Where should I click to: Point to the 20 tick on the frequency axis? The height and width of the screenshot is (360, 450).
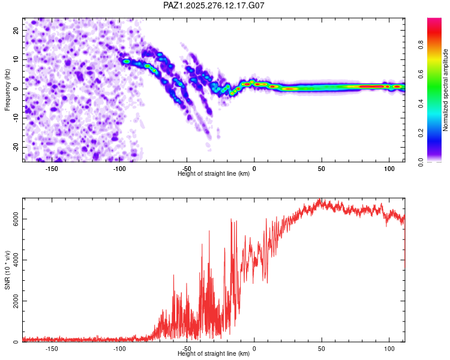(x=16, y=30)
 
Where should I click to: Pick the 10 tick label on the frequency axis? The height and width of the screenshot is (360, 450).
(x=16, y=59)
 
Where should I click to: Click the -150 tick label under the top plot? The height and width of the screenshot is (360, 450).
(x=52, y=168)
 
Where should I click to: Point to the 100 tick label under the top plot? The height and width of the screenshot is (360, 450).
(x=389, y=168)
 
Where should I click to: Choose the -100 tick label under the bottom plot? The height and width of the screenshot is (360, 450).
(x=119, y=349)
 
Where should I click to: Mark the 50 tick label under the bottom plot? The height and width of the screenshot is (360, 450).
(x=322, y=349)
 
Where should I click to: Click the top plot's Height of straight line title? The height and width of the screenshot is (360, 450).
(x=214, y=174)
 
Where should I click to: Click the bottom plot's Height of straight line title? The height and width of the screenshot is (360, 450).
(x=214, y=354)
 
